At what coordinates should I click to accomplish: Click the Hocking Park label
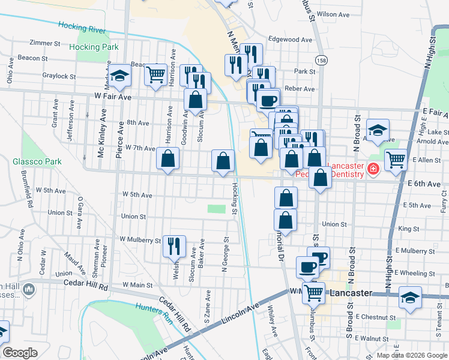(x=93, y=46)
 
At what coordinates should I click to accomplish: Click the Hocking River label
(x=82, y=26)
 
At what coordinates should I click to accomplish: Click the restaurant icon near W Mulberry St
(x=173, y=245)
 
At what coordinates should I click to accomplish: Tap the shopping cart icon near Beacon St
(x=155, y=75)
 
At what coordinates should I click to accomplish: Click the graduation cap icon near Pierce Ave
(x=120, y=76)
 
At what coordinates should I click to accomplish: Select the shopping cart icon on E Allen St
(x=396, y=160)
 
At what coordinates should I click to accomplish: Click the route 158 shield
(x=321, y=61)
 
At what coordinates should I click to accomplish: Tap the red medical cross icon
(x=373, y=170)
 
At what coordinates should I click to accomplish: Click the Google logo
(x=20, y=353)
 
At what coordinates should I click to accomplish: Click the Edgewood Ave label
(x=291, y=40)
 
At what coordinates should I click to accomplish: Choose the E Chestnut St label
(x=376, y=316)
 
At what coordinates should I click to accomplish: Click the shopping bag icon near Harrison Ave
(x=167, y=159)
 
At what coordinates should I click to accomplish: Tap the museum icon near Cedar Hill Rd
(x=29, y=291)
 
